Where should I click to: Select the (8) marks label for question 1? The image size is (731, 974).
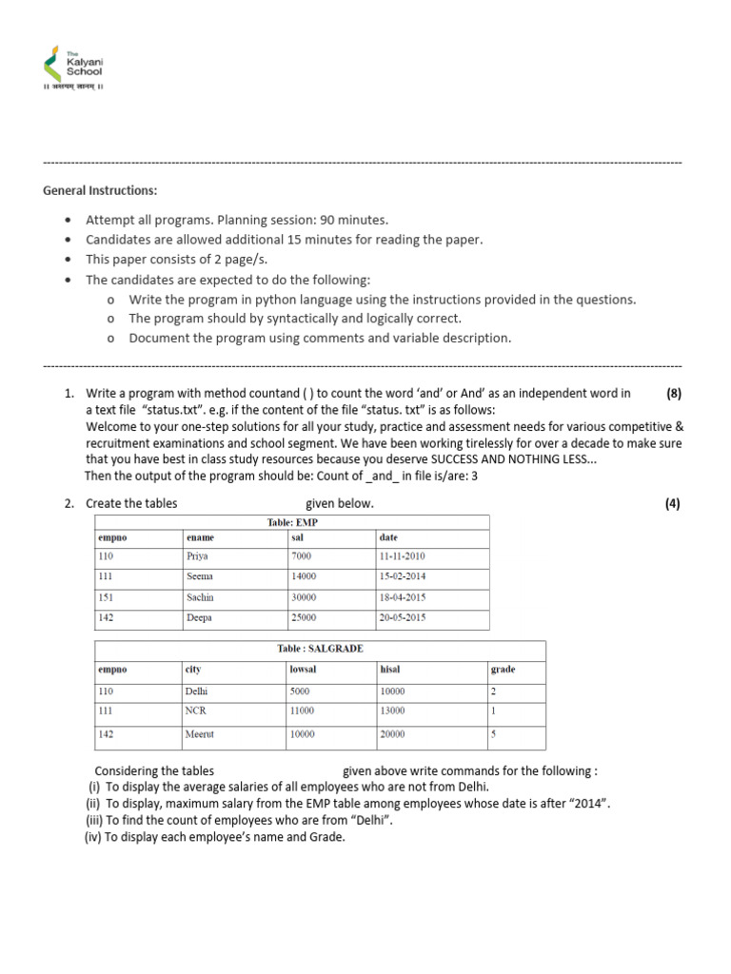coord(672,393)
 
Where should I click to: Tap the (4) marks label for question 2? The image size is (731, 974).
coord(672,503)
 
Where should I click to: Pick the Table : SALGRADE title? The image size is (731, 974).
coord(320,648)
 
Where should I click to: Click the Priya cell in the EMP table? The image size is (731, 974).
coord(199,556)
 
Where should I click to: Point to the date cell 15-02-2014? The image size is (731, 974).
coord(402,576)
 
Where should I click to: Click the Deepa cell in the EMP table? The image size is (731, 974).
coord(201,617)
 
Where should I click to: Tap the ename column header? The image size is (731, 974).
coord(201,537)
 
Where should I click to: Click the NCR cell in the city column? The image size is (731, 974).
coord(196,711)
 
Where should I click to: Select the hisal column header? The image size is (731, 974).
coord(389,669)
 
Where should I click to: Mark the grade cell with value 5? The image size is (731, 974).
coord(493,734)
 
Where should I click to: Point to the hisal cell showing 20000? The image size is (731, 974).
coord(391,734)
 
